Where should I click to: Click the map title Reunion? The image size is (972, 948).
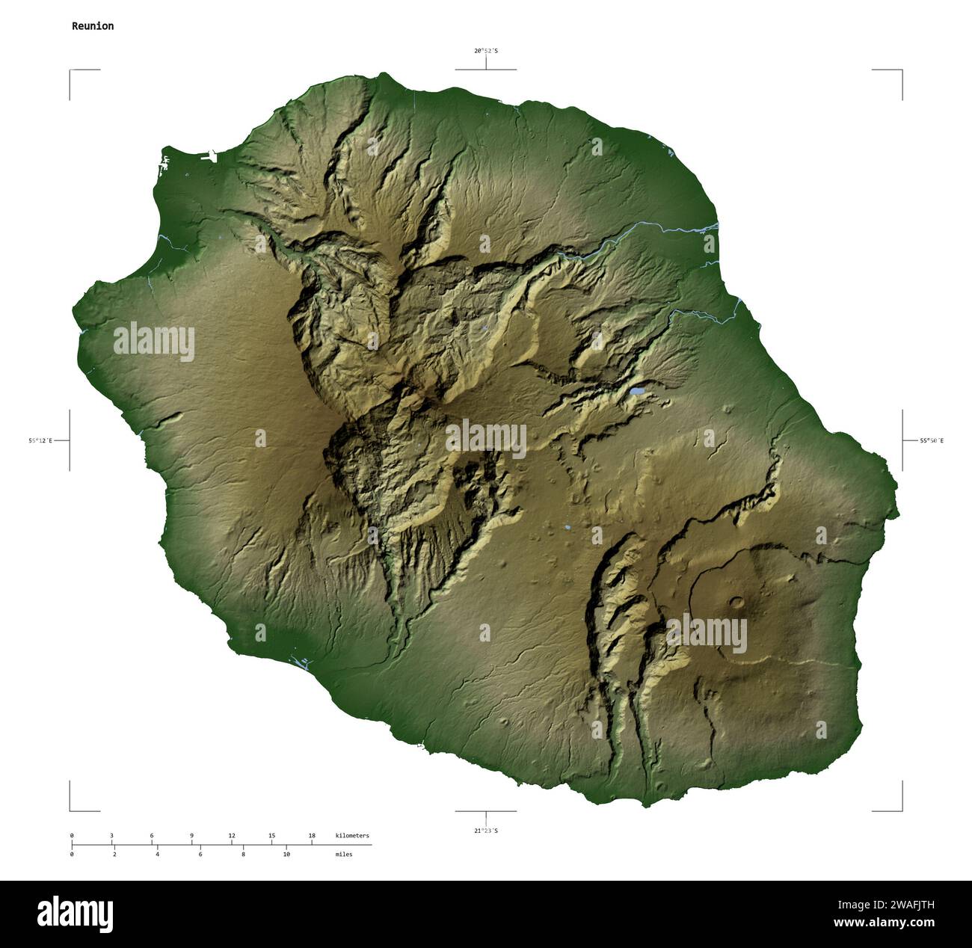coord(93,26)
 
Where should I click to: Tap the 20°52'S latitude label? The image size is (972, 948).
coord(485,51)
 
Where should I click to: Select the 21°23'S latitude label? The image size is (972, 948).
coord(485,831)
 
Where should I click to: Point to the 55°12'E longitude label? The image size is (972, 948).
coord(40,441)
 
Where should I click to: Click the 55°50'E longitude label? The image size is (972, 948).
coord(932,441)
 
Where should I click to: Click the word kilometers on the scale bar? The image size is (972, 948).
coord(352,835)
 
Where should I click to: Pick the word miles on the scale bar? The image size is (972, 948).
coord(344,854)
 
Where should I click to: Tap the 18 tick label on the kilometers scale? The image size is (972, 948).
coord(312,835)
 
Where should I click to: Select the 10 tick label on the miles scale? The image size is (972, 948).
coord(286,854)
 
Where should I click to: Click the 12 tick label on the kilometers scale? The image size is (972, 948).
coord(232,835)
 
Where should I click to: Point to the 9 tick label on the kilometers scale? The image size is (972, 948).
coord(191,835)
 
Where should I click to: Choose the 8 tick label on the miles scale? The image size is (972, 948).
coord(243,854)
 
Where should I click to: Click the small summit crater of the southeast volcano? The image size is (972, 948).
coord(738,601)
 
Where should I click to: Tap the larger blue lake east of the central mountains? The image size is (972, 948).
coord(636,391)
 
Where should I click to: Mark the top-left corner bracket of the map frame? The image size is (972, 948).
coord(72,72)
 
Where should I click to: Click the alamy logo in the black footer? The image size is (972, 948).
coord(76,914)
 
